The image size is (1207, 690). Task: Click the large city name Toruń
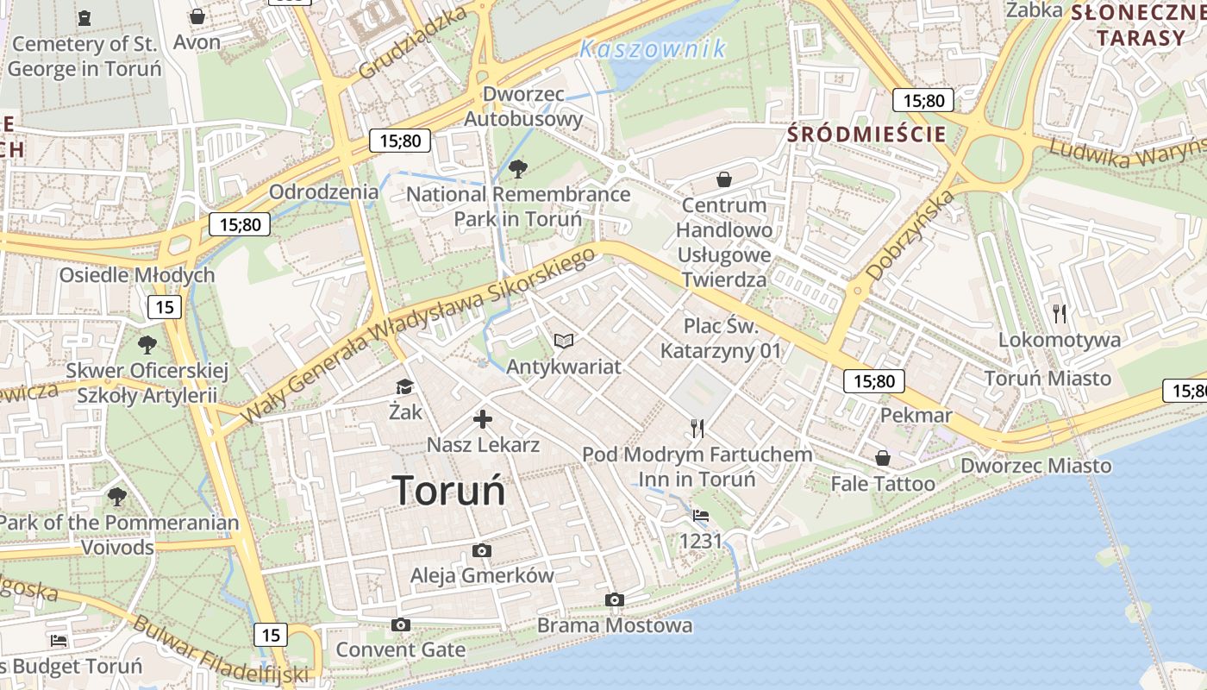449,490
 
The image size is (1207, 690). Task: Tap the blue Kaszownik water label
653,49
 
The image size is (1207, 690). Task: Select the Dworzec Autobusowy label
523,106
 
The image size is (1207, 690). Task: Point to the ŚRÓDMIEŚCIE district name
867,134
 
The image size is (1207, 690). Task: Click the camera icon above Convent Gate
400,624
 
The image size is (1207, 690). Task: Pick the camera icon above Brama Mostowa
615,599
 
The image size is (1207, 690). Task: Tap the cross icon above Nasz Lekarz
483,420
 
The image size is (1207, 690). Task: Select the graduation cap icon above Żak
404,386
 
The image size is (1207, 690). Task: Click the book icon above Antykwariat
563,342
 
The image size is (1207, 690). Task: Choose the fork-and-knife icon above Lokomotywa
1060,314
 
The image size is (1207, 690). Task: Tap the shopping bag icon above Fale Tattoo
882,458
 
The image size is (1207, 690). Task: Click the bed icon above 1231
700,516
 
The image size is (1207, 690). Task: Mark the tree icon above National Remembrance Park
517,168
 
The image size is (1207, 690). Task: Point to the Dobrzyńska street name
910,235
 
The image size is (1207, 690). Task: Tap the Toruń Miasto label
1048,378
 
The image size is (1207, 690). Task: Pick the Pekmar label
916,416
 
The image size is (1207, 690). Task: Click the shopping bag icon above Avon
197,16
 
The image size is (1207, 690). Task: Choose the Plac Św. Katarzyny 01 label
721,338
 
